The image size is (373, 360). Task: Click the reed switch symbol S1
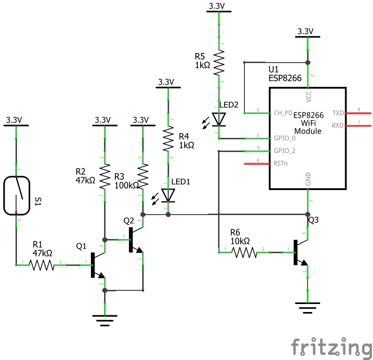[x=17, y=195]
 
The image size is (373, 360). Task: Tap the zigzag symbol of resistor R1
[x=42, y=265]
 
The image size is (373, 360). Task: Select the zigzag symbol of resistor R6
[x=244, y=253]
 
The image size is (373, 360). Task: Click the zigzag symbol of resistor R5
[x=219, y=63]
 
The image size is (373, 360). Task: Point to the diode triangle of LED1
[x=168, y=194]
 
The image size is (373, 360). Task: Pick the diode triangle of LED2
[x=219, y=120]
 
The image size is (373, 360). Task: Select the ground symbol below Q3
[x=308, y=309]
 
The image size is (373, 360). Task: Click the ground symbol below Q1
[x=105, y=321]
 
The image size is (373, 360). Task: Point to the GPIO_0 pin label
[x=285, y=138]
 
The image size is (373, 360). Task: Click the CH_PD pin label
[x=283, y=113]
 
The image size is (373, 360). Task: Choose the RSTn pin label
[x=281, y=164]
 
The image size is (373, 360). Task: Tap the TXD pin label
[x=338, y=113]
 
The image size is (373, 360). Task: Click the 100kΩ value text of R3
[x=127, y=185]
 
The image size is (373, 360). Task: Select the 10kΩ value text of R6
[x=240, y=240]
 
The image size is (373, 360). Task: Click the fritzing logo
[x=331, y=348]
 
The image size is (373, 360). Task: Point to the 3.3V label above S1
[x=14, y=120]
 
